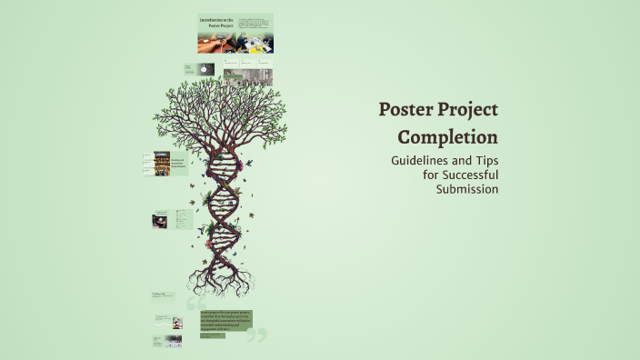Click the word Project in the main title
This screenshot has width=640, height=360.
click(469, 111)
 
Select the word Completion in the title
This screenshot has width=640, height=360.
click(448, 137)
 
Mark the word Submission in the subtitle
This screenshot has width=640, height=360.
click(467, 189)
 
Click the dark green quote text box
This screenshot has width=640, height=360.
click(225, 321)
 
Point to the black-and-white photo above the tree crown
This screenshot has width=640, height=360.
click(248, 76)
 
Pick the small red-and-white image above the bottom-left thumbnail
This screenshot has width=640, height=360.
click(177, 323)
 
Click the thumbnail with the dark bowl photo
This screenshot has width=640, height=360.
click(160, 220)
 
